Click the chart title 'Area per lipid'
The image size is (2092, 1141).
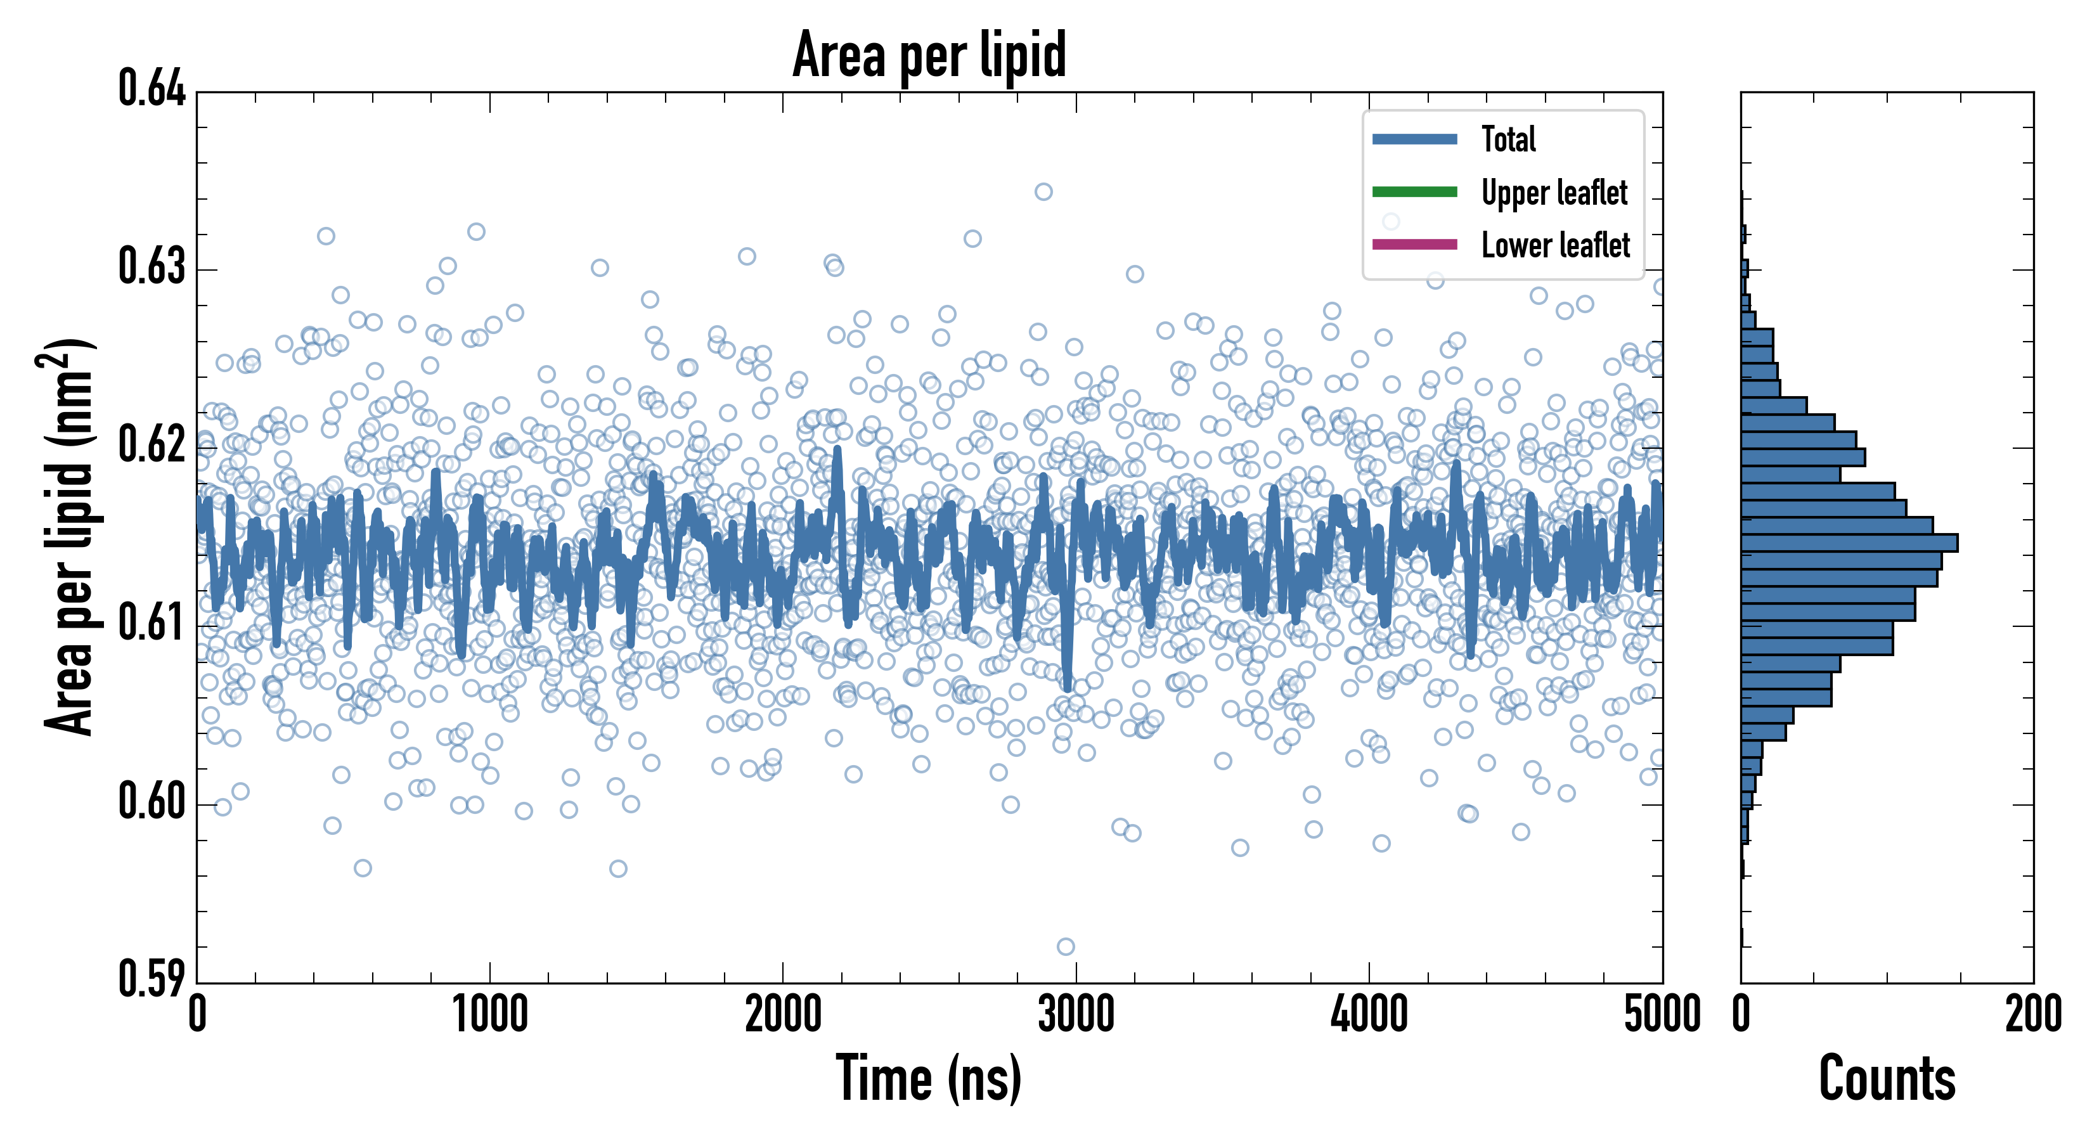929,55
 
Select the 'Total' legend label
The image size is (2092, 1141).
1508,139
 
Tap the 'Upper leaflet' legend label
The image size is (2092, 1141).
1554,193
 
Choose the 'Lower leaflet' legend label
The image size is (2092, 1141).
1555,245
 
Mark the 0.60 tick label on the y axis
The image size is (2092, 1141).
152,801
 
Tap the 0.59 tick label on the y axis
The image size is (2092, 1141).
152,979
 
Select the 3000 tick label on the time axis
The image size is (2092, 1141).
1076,1015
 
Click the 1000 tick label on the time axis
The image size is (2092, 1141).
489,1015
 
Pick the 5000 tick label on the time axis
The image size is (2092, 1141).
1662,1015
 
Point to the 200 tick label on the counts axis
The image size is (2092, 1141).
2032,1015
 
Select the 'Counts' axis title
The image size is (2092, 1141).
1887,1078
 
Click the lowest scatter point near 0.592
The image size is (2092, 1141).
1066,946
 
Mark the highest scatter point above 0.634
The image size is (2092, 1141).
1043,191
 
